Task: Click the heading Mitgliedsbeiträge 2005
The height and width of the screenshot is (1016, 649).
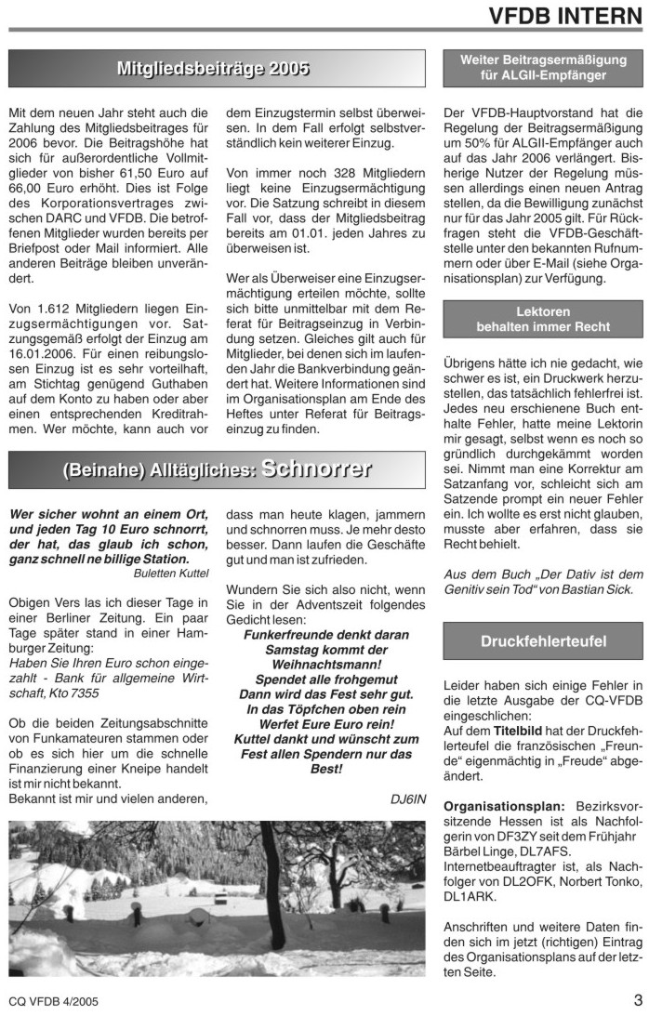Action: pyautogui.click(x=214, y=69)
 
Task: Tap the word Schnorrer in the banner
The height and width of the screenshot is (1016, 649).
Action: pyautogui.click(x=316, y=468)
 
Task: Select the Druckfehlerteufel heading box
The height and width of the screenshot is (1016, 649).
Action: pyautogui.click(x=544, y=641)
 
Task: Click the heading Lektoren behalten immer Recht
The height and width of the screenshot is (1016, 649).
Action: pyautogui.click(x=544, y=319)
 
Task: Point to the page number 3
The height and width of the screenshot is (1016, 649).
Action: pyautogui.click(x=638, y=1000)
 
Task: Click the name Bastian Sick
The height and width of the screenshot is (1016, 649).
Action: pyautogui.click(x=600, y=589)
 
